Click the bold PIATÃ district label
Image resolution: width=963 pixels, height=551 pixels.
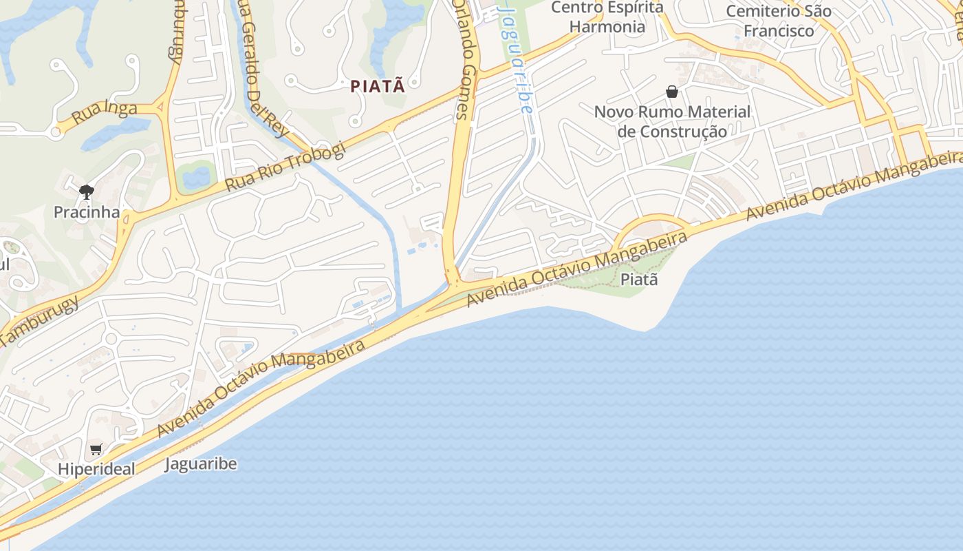click(x=378, y=87)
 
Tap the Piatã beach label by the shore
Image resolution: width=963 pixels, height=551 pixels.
click(x=639, y=280)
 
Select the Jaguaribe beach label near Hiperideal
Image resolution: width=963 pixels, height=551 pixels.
click(x=201, y=464)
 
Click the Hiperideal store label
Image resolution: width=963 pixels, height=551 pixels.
click(x=96, y=469)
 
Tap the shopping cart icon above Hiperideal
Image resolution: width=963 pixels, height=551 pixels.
click(x=96, y=450)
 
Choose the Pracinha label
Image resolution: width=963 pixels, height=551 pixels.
click(x=87, y=212)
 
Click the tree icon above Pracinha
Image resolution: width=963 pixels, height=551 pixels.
click(x=86, y=192)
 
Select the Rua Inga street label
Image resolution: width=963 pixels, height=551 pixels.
click(x=105, y=112)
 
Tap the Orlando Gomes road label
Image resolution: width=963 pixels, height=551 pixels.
click(x=467, y=62)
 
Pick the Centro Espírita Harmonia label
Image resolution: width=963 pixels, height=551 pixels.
click(x=607, y=17)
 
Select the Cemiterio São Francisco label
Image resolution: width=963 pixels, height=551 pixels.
click(x=779, y=21)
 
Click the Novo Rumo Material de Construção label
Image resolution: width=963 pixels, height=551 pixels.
click(x=672, y=121)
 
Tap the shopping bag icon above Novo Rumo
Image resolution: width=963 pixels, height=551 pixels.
click(x=672, y=92)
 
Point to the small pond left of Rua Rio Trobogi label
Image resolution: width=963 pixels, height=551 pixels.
click(x=196, y=176)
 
